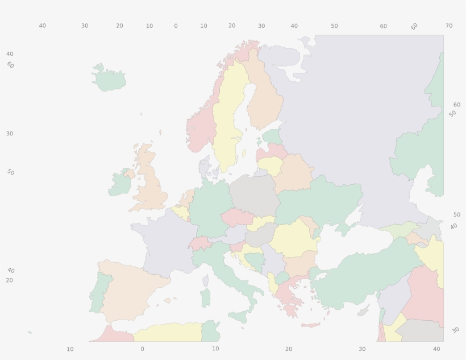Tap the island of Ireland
click(120, 183)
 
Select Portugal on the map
click(98, 291)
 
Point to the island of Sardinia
click(205, 297)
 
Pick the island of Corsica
click(206, 280)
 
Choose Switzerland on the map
click(199, 243)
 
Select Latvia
click(273, 152)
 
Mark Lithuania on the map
click(269, 166)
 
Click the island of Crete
click(311, 325)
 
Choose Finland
click(265, 97)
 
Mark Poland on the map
click(253, 193)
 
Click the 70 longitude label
click(449, 26)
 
